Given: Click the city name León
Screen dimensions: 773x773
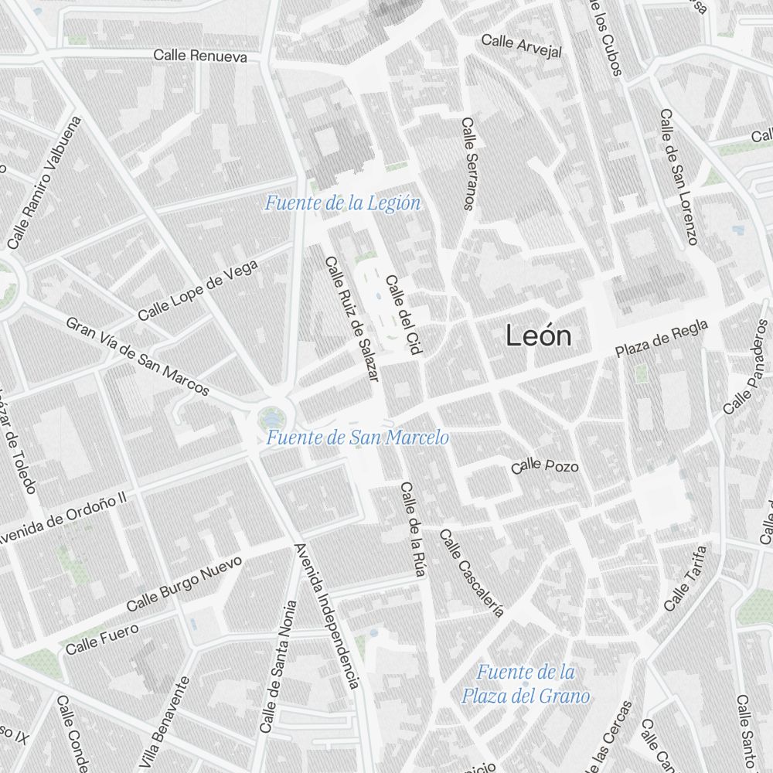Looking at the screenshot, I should tap(539, 336).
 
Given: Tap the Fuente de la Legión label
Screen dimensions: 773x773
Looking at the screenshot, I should tap(342, 204).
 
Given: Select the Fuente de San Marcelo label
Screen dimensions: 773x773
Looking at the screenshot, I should tap(357, 438).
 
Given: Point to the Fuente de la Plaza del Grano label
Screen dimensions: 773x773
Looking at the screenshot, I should tap(526, 684).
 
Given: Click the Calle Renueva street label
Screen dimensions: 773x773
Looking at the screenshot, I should tap(200, 56).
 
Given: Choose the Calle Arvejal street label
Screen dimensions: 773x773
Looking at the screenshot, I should tap(522, 46).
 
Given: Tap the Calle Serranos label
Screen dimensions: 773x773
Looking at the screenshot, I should tap(468, 163).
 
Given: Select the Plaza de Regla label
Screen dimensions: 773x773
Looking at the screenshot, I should tap(662, 339).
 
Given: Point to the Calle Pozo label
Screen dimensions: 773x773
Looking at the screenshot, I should tap(544, 465).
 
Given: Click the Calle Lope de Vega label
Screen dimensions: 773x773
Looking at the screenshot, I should tap(198, 291).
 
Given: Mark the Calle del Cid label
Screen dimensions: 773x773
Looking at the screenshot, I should tap(404, 315).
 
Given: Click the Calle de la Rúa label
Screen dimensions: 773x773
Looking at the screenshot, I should tap(413, 530).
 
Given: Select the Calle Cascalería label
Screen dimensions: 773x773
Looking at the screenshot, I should tap(471, 573).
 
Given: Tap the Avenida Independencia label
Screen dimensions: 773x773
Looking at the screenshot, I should tap(327, 615).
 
